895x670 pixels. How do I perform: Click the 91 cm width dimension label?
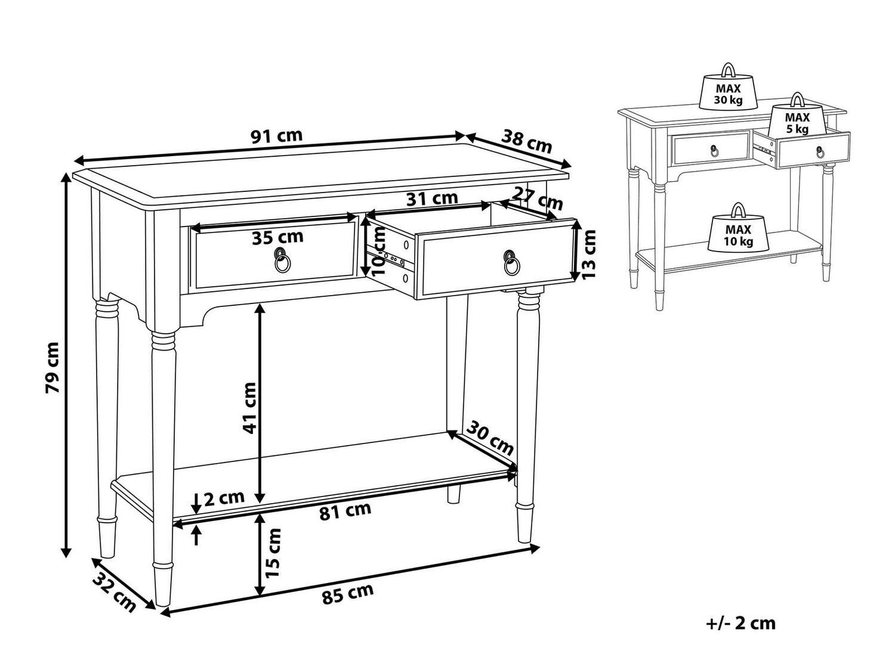[x=276, y=136]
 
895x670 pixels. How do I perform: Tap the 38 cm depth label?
[x=526, y=141]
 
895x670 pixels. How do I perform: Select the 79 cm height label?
[x=53, y=368]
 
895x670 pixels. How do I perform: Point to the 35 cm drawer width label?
[x=277, y=237]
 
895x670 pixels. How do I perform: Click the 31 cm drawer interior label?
[x=432, y=198]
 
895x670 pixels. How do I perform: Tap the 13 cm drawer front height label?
[x=588, y=254]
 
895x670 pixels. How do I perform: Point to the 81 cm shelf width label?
[x=345, y=511]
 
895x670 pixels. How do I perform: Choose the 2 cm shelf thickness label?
[x=224, y=498]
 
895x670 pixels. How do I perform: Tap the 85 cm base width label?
[x=348, y=594]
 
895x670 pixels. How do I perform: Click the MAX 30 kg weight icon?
[x=729, y=87]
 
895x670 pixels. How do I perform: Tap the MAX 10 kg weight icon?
[x=739, y=228]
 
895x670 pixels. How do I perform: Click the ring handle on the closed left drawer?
[x=282, y=260]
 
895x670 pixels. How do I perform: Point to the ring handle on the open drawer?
[x=511, y=263]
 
